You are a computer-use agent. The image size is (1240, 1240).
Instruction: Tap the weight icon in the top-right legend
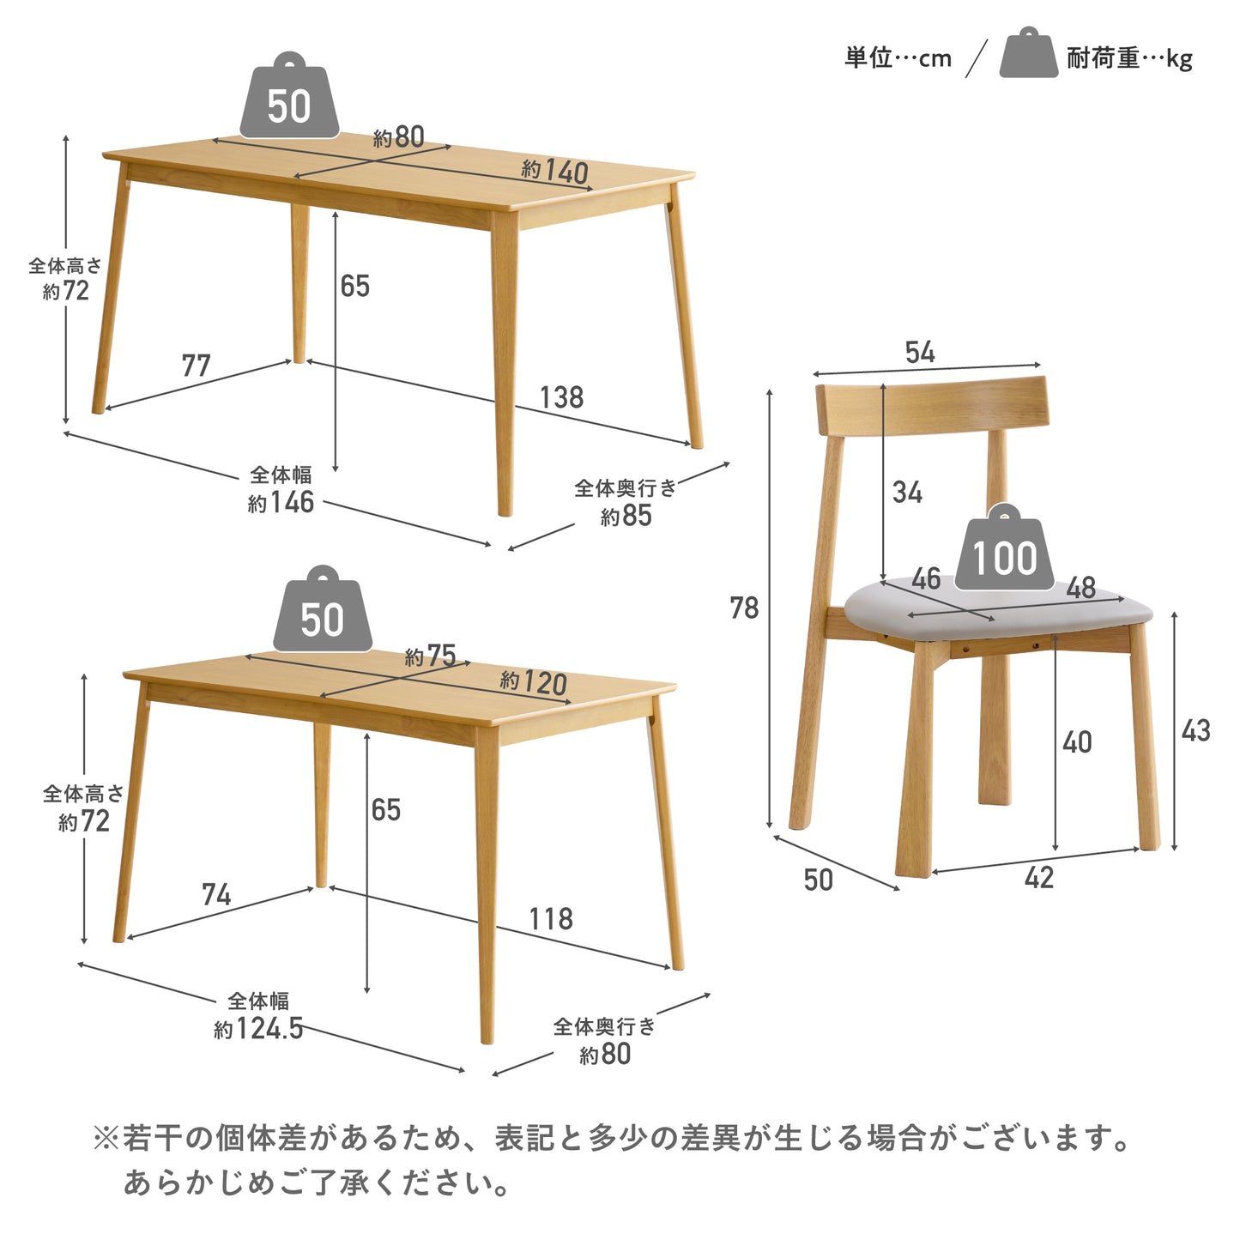(x=1028, y=55)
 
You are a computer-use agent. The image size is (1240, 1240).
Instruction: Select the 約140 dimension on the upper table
(x=555, y=172)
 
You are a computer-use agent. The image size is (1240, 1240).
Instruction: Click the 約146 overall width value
(x=281, y=502)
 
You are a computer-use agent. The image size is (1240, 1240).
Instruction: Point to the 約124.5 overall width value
(x=258, y=1028)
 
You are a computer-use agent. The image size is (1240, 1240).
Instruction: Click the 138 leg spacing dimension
(x=561, y=397)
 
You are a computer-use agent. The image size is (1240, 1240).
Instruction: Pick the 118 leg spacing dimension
(x=550, y=919)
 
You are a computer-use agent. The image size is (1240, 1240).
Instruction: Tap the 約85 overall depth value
(x=626, y=516)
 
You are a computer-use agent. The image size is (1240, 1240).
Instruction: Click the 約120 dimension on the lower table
(x=534, y=682)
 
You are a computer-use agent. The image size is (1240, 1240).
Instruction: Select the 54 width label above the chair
(x=920, y=352)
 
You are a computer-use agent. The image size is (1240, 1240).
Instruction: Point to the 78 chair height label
(x=744, y=608)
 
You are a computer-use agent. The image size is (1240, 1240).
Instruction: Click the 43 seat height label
(x=1195, y=731)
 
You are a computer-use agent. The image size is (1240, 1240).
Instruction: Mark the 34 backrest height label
(x=907, y=493)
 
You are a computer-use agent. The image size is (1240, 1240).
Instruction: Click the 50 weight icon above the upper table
(x=289, y=100)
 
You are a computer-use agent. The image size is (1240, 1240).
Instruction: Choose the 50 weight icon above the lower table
(x=323, y=613)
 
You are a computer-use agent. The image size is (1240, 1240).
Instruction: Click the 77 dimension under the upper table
(x=196, y=366)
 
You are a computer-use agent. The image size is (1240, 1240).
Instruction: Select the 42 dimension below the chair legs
(x=1038, y=878)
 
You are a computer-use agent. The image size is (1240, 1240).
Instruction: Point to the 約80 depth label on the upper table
(x=399, y=137)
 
